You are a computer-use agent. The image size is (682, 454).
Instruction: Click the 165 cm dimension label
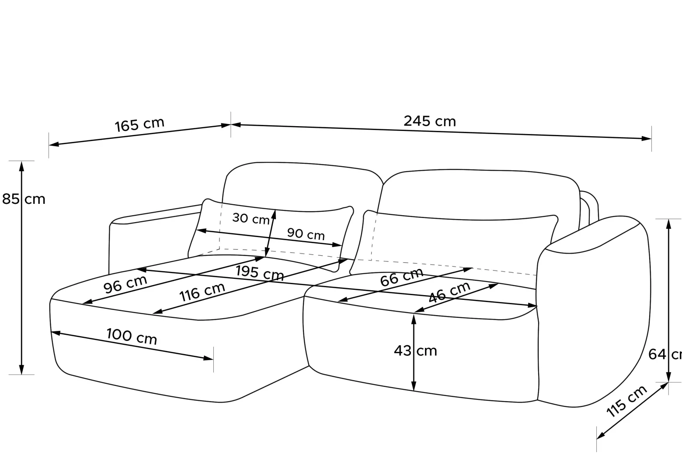pos(139,124)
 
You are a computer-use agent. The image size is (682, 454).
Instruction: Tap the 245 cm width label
pos(430,121)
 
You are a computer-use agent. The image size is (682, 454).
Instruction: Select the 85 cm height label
pos(24,199)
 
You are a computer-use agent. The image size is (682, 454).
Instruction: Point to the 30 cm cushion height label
pos(251,218)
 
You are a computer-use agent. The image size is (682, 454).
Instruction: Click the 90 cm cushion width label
pos(306,234)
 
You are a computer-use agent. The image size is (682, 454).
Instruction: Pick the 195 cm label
pos(260,272)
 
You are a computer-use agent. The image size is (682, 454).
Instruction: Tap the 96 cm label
pos(125,284)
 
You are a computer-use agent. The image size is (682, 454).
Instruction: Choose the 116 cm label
pos(202,292)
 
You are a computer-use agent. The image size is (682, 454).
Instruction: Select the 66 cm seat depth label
pos(402,277)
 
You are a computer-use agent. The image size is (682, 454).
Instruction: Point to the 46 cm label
pos(449,292)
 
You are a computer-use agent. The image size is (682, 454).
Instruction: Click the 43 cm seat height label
pos(415,351)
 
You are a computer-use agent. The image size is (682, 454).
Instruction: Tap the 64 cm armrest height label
pos(665,354)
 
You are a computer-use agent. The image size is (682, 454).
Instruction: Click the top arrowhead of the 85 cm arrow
pos(21,166)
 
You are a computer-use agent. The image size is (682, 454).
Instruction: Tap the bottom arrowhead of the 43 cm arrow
pos(414,386)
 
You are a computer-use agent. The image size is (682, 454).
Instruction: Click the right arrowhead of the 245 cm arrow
pos(647,139)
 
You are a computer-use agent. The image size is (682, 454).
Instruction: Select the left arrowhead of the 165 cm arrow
pos(54,144)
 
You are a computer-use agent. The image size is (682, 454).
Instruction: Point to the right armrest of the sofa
pos(594,310)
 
